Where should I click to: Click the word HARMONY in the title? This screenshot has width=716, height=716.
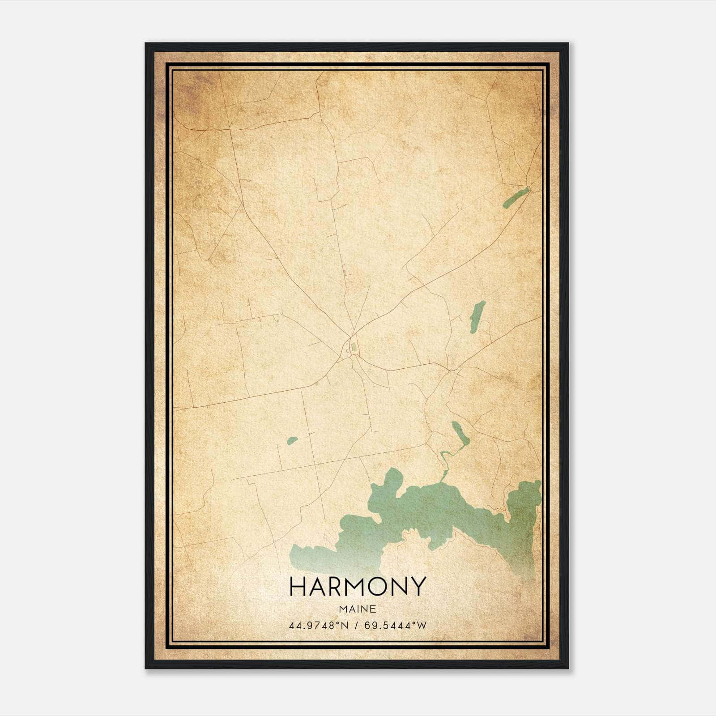click(x=357, y=587)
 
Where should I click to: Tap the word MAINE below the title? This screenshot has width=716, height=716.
click(x=357, y=609)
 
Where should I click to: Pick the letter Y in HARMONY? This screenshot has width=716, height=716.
click(x=417, y=587)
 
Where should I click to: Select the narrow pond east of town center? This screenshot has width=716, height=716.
click(x=477, y=315)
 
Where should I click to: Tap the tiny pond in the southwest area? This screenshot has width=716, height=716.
click(x=292, y=441)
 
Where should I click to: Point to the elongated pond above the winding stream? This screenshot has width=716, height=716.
click(x=460, y=434)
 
